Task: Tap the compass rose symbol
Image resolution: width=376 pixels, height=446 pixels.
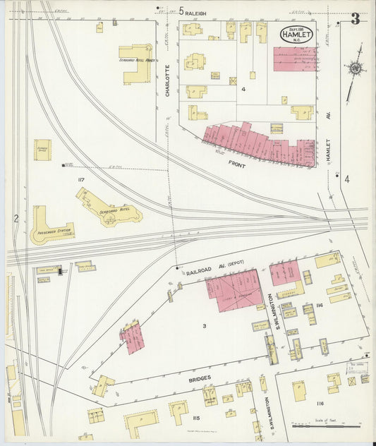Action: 354,68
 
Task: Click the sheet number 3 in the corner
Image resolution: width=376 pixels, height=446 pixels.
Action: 356,19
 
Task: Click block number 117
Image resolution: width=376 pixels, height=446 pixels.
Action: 81,181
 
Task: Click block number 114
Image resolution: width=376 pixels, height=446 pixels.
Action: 319,305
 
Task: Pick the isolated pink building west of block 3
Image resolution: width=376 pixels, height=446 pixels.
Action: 132,337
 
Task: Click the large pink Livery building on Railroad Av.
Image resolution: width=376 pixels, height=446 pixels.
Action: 234,291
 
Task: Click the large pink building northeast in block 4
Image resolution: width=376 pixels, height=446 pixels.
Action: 294,59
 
